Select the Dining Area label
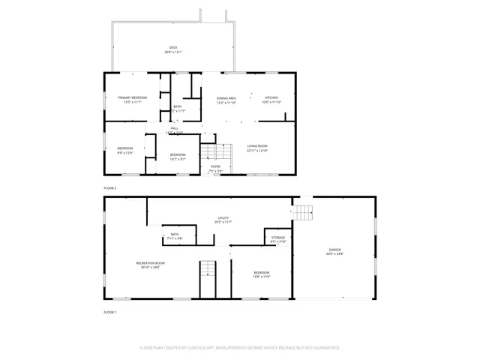pyautogui.click(x=226, y=100)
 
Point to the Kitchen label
pyautogui.click(x=271, y=100)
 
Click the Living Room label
pyautogui.click(x=257, y=148)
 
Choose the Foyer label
pyautogui.click(x=215, y=168)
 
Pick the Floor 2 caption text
pyautogui.click(x=110, y=187)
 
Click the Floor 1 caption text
pyautogui.click(x=110, y=311)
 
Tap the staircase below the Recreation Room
pyautogui.click(x=207, y=280)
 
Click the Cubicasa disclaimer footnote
pyautogui.click(x=240, y=348)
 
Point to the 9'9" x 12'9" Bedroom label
pyautogui.click(x=124, y=150)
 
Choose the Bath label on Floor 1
pyautogui.click(x=175, y=236)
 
